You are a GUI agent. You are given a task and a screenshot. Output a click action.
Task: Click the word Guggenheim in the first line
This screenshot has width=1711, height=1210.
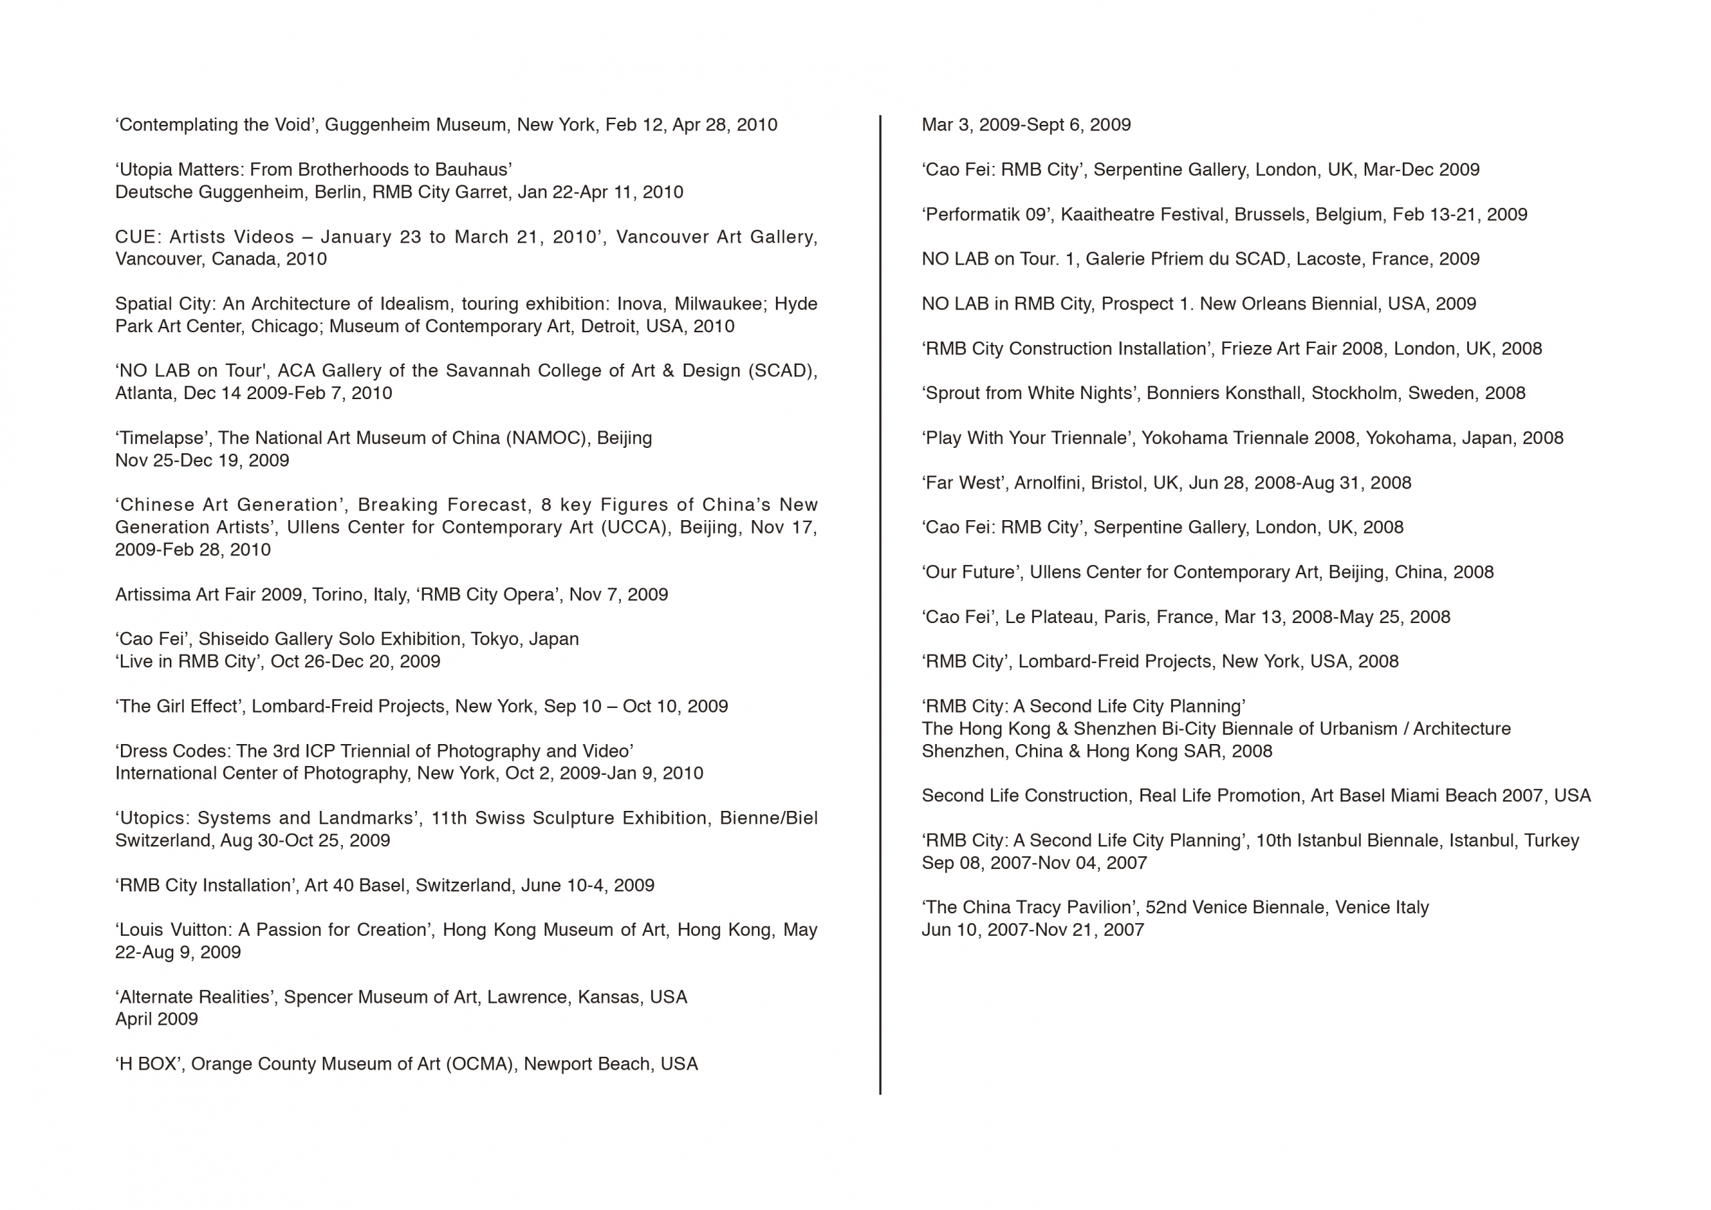(377, 125)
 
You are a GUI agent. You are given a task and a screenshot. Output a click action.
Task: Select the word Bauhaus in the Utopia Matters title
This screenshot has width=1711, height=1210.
(479, 170)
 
